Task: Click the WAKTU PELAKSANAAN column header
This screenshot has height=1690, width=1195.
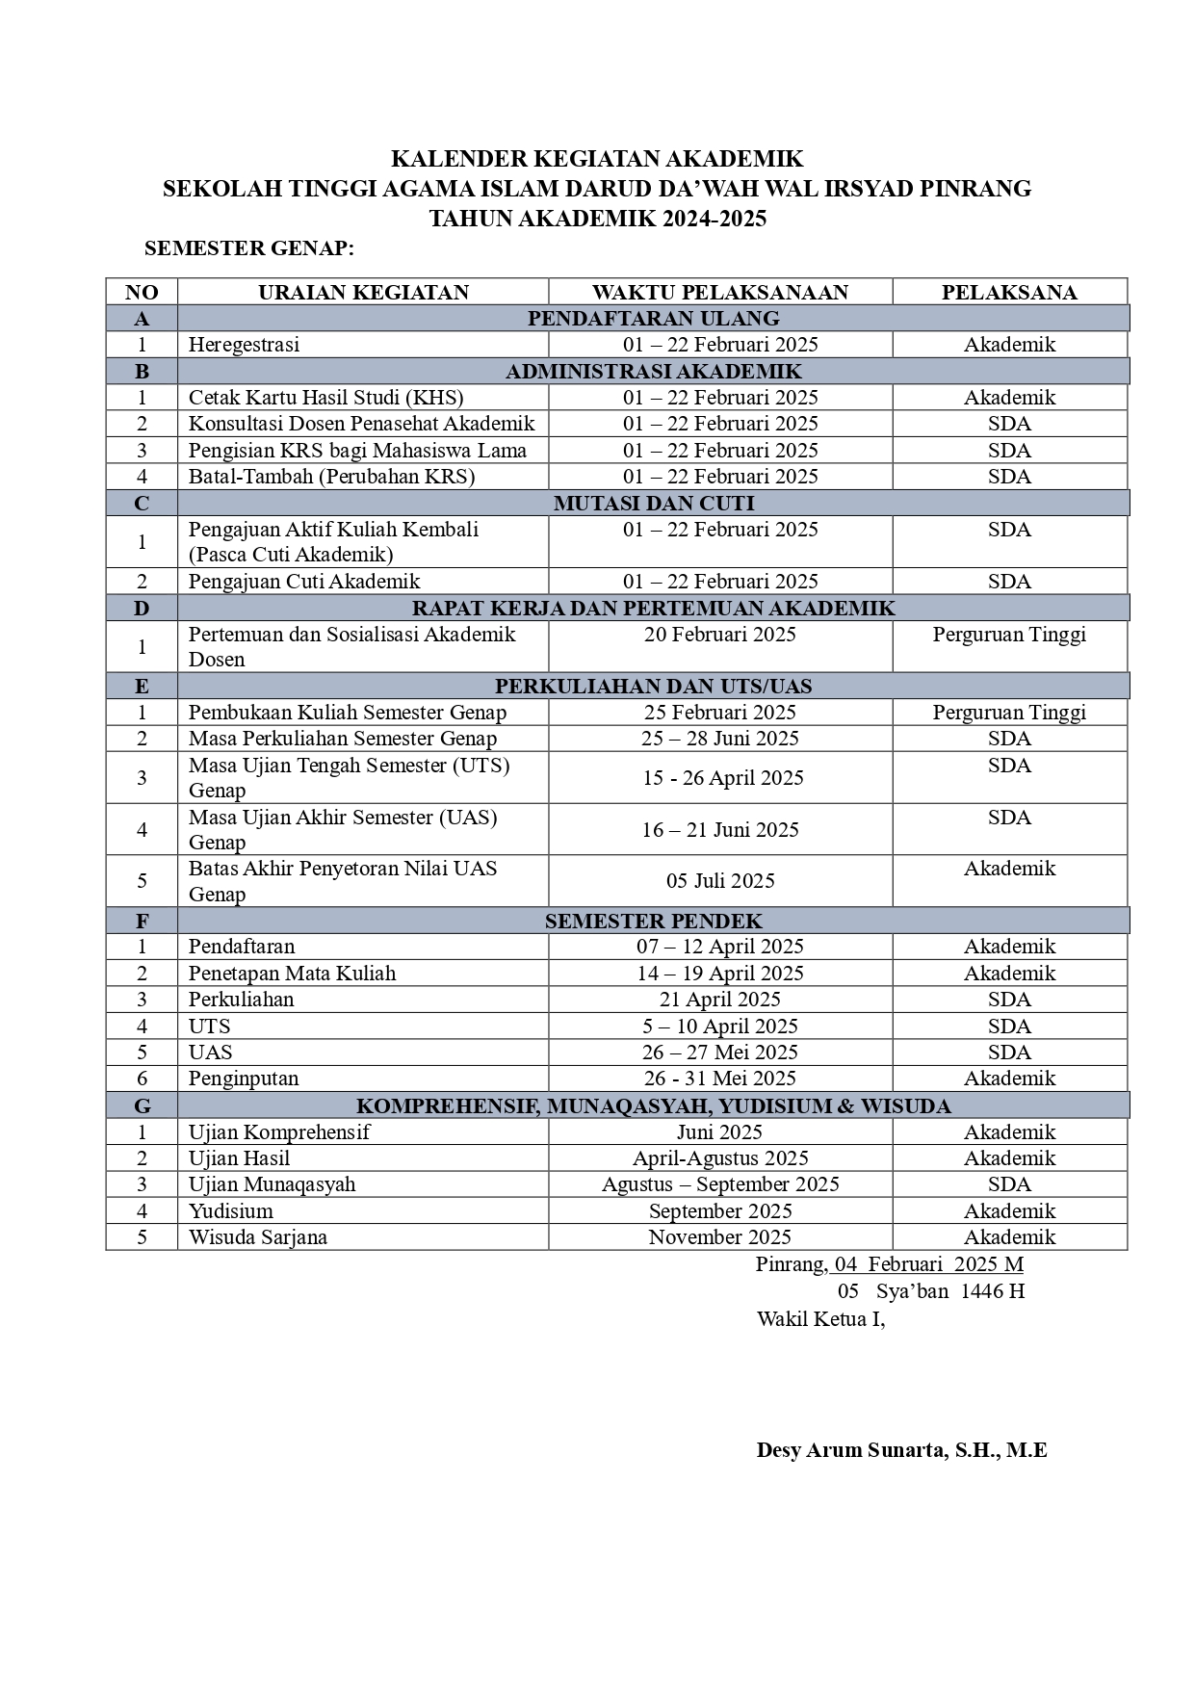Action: [x=719, y=293]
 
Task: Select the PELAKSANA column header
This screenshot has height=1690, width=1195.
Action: [x=1008, y=293]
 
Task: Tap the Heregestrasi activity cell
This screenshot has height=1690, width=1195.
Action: [x=244, y=345]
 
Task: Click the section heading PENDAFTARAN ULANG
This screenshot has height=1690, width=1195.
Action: [x=653, y=319]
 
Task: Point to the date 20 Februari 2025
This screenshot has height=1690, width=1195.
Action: [x=719, y=635]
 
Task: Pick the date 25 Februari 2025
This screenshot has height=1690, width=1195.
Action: [x=719, y=713]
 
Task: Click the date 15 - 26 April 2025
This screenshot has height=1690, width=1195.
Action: [x=722, y=778]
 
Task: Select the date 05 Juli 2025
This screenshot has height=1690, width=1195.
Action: [x=720, y=881]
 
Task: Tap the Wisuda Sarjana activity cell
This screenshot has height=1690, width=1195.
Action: [x=257, y=1237]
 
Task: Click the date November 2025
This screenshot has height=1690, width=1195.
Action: [x=719, y=1237]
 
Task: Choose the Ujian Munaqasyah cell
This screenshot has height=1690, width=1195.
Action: [x=272, y=1184]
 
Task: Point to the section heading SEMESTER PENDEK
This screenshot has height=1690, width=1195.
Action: [x=653, y=922]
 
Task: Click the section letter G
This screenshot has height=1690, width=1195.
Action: [x=142, y=1106]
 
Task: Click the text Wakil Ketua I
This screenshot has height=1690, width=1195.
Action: [x=820, y=1319]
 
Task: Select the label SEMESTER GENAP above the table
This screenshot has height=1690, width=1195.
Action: [x=249, y=249]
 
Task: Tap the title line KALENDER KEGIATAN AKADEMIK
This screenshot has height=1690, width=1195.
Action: [x=597, y=159]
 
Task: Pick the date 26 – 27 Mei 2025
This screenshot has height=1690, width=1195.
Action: [x=719, y=1053]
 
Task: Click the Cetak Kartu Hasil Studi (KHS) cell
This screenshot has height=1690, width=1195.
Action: [x=325, y=398]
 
